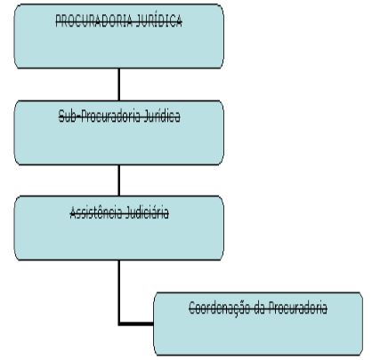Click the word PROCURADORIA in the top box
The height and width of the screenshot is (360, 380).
94,20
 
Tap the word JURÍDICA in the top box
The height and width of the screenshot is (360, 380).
159,20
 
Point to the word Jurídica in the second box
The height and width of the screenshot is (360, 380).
162,116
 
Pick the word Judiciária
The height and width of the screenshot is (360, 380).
147,212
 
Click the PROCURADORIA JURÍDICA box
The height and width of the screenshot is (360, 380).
119,36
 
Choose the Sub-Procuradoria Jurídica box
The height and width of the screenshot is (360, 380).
119,132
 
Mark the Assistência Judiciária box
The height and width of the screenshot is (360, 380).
119,228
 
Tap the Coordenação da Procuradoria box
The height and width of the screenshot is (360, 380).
258,324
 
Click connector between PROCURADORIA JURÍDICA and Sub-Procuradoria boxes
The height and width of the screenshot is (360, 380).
119,84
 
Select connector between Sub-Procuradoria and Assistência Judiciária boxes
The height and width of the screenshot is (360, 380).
119,180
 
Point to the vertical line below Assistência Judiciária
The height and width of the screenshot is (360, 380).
119,292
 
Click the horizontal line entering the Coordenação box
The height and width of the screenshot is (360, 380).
136,324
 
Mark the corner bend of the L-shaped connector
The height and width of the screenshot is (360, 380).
119,324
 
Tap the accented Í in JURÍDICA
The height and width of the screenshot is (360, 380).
158,20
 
